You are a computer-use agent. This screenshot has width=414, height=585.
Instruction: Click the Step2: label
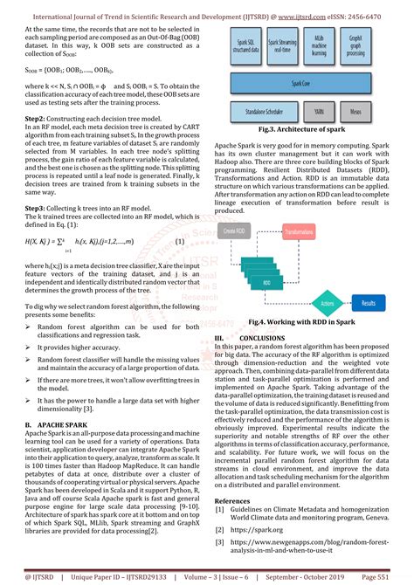tap(35, 117)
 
